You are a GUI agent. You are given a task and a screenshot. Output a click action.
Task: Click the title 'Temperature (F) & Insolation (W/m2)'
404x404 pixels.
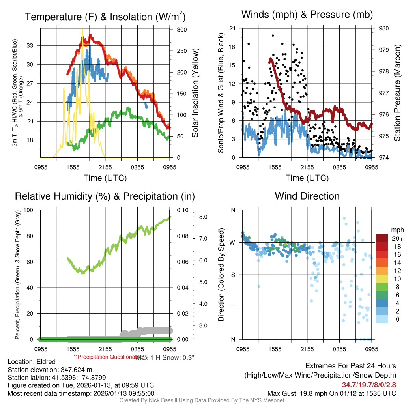click(x=105, y=17)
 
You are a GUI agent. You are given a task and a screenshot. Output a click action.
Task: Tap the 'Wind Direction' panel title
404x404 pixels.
click(x=307, y=196)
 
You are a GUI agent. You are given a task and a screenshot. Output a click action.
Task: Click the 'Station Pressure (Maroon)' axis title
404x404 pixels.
click(x=397, y=93)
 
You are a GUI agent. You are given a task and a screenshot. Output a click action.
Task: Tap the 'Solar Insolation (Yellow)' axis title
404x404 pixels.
click(x=195, y=93)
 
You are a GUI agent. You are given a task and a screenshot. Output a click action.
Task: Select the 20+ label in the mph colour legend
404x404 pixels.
click(x=397, y=238)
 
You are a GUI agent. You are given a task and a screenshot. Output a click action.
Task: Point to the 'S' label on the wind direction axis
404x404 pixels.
click(x=233, y=275)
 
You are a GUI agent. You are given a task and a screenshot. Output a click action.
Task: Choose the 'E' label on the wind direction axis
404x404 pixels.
click(x=233, y=307)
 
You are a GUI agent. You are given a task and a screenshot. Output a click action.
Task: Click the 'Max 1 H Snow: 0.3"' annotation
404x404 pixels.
click(x=165, y=357)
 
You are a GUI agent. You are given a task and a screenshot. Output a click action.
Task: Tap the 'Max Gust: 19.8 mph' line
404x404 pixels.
click(x=331, y=393)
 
